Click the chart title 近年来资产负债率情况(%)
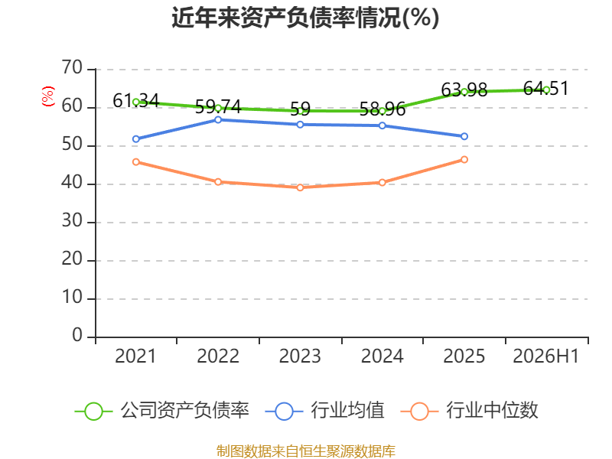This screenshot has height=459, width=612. click(305, 18)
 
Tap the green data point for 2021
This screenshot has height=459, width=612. click(136, 102)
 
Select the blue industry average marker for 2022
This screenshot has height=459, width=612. click(218, 120)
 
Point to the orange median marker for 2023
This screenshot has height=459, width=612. click(300, 187)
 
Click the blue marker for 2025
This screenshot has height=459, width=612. click(464, 137)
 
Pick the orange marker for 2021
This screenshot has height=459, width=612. click(136, 162)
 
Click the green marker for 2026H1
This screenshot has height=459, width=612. click(546, 90)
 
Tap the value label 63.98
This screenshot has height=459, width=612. click(464, 90)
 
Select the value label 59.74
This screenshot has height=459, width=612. click(218, 106)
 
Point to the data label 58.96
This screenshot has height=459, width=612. click(382, 109)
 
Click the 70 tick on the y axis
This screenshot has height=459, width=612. click(72, 68)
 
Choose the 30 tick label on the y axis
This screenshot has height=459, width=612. click(72, 221)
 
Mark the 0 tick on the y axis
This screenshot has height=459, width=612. click(77, 336)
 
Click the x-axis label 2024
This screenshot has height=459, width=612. click(382, 356)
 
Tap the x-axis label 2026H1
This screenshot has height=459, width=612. click(545, 356)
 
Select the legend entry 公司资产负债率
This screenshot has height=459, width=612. click(161, 411)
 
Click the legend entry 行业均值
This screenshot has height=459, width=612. click(324, 411)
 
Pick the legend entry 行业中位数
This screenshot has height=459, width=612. click(469, 411)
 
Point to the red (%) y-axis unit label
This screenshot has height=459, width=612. click(48, 96)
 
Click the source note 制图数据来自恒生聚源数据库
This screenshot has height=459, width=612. click(306, 451)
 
